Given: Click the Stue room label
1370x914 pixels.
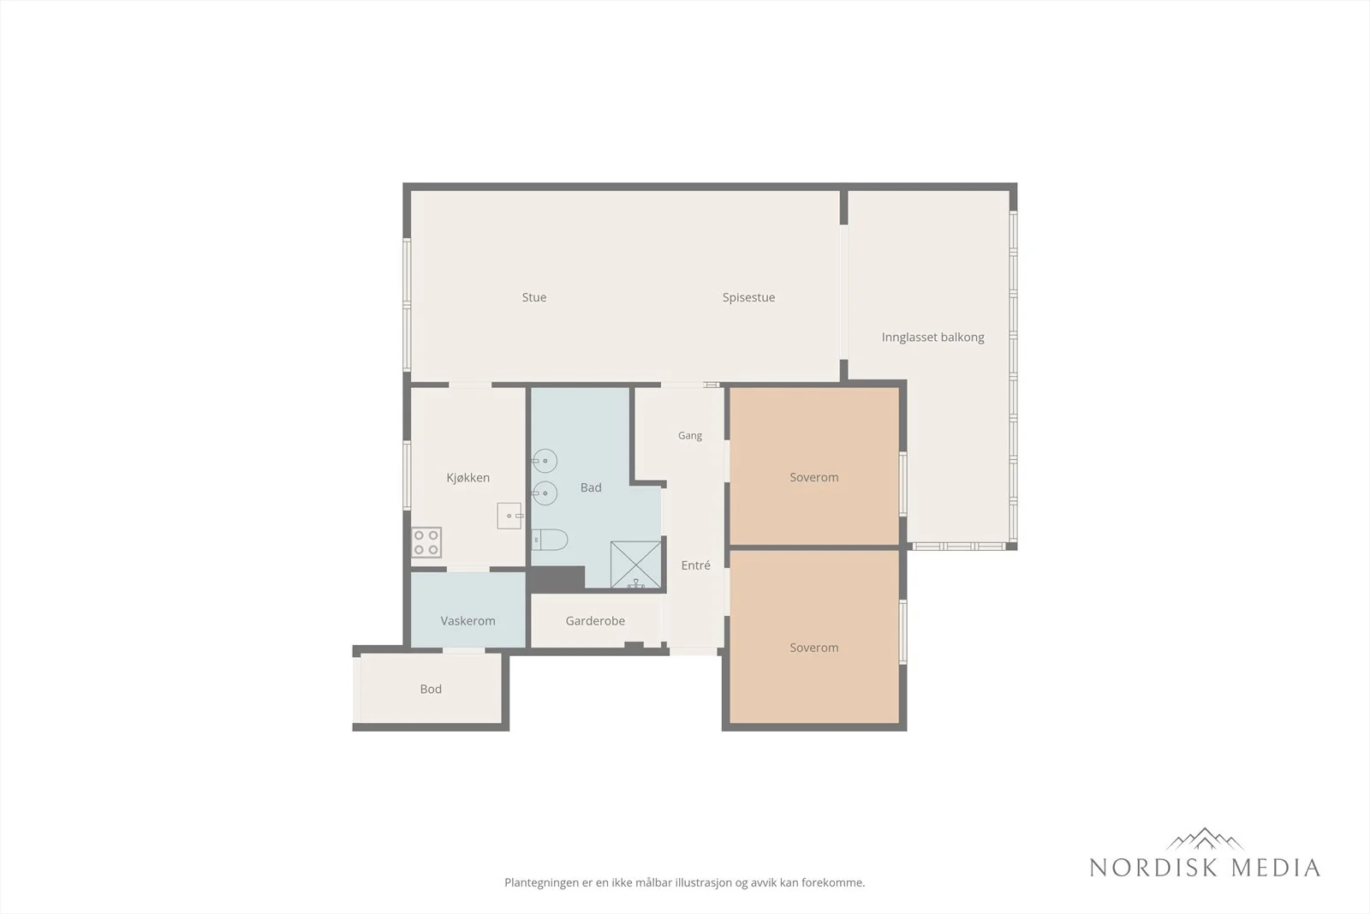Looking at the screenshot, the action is pos(534,297).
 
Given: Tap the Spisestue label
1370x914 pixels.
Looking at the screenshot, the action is pos(748,298).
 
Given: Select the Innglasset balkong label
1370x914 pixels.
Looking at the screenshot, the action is pos(932,338).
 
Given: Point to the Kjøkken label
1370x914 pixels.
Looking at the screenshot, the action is pos(468,478).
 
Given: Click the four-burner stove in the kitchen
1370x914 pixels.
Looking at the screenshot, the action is pos(426,542).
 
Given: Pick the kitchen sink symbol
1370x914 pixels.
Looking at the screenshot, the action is pos(509,516).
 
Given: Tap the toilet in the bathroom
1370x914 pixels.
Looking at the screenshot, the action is pos(549,540).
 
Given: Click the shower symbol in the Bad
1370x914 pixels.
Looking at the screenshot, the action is pos(635,565).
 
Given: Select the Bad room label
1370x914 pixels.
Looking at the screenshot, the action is pos(591,487).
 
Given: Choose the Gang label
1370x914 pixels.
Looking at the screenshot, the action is pos(690,436).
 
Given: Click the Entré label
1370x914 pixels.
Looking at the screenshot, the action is pos(696,565).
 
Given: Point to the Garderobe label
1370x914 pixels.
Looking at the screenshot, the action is pos(595,621).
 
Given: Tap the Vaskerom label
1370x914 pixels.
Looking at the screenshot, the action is pos(468,621).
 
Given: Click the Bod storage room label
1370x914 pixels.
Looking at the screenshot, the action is pos(431,689).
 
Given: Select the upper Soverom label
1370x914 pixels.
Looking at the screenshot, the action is pos(814,477).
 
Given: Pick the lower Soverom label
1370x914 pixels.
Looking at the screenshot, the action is pos(814,648).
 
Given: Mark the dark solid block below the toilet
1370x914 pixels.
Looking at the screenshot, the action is pos(557,579).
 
